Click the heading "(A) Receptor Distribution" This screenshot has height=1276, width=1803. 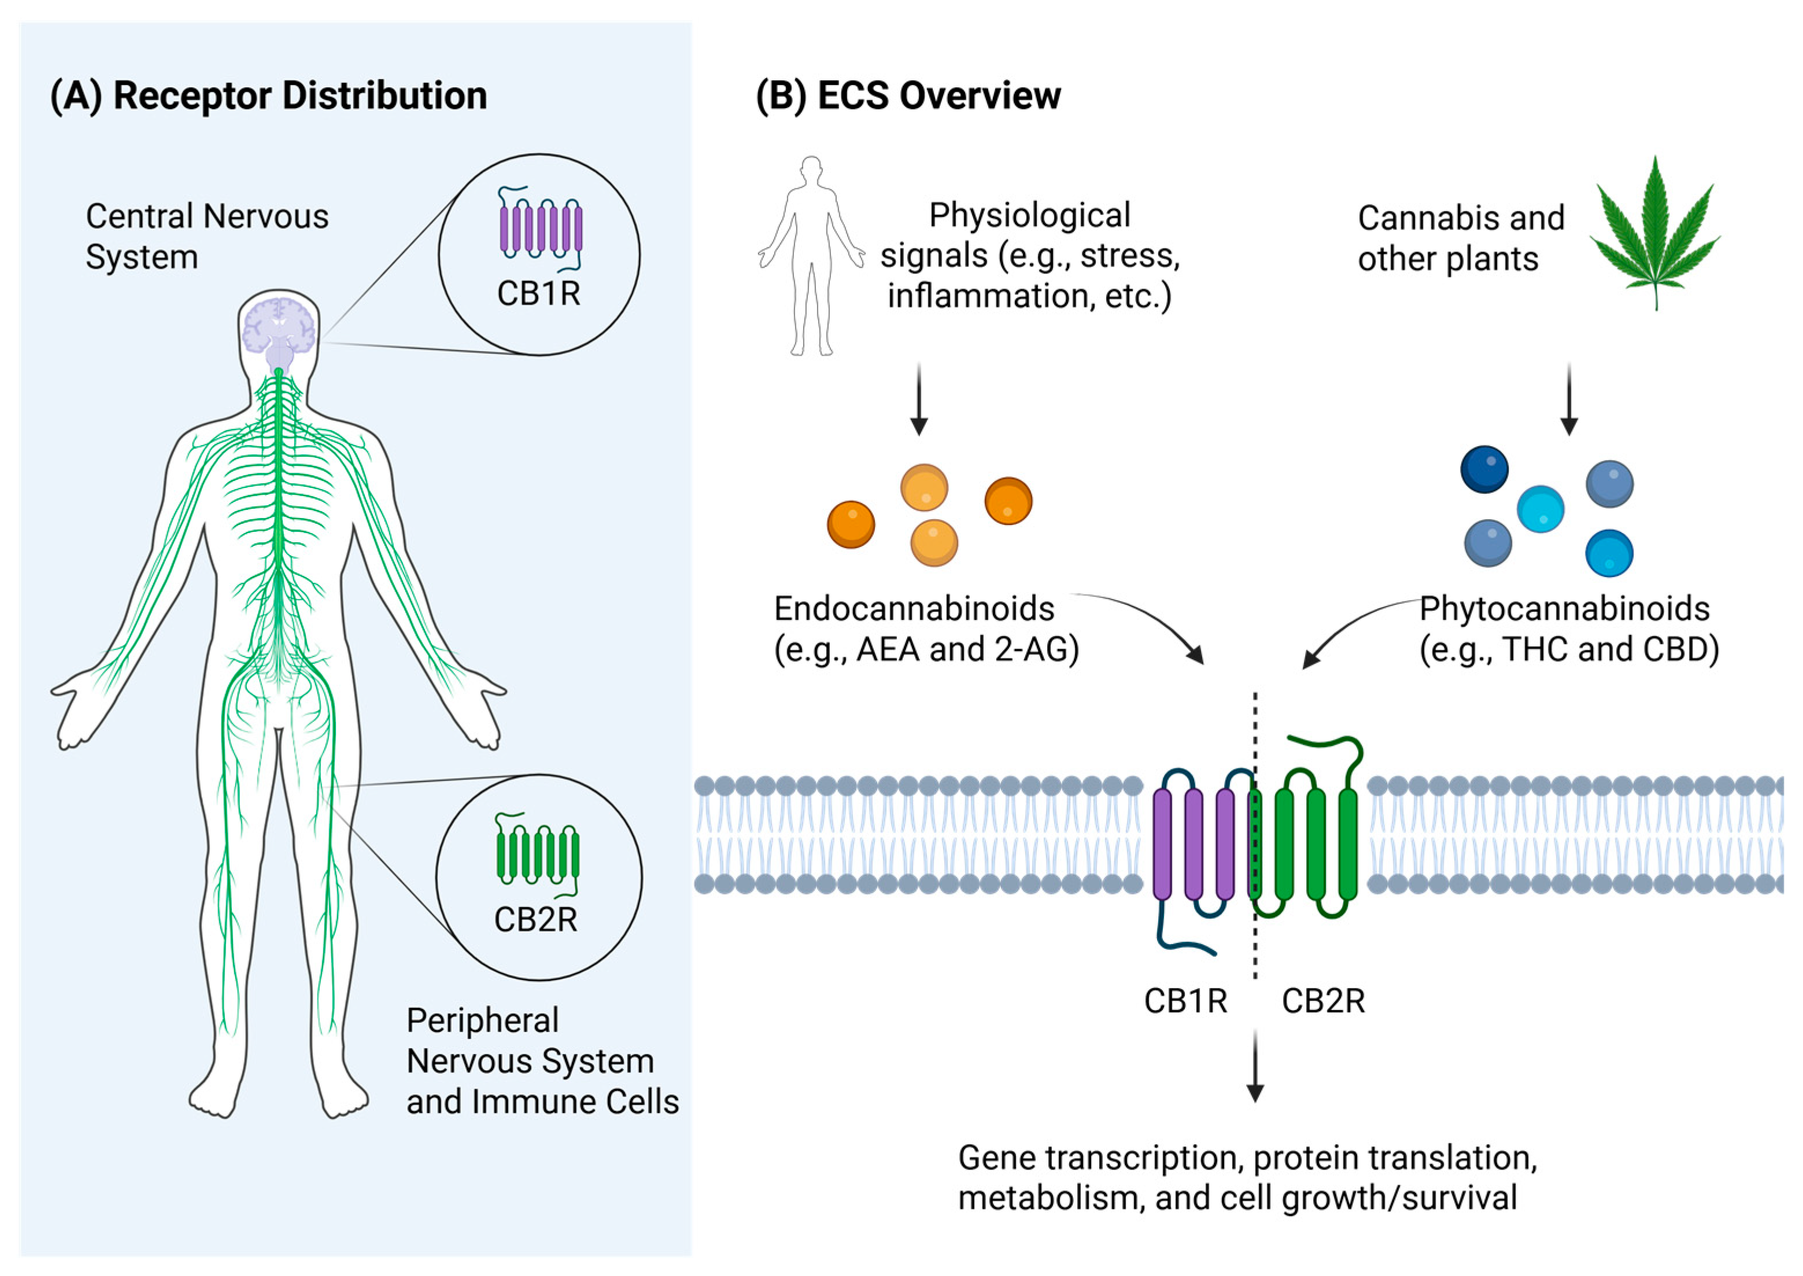269,96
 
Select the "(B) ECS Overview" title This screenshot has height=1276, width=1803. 908,96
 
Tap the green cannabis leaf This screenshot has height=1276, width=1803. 1656,232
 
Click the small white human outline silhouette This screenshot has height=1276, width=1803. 811,256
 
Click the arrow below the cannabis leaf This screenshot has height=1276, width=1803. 1569,399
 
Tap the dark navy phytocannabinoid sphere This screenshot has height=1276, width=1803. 1484,469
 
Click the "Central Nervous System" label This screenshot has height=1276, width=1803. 206,236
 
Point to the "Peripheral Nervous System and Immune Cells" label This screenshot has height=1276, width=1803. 542,1061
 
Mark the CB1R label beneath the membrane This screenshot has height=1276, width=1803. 1185,1001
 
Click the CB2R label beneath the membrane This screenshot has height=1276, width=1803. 1324,1001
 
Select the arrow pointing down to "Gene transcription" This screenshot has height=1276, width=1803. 1255,1067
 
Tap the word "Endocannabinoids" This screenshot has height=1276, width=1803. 914,609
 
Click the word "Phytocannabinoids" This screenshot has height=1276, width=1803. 1565,609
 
